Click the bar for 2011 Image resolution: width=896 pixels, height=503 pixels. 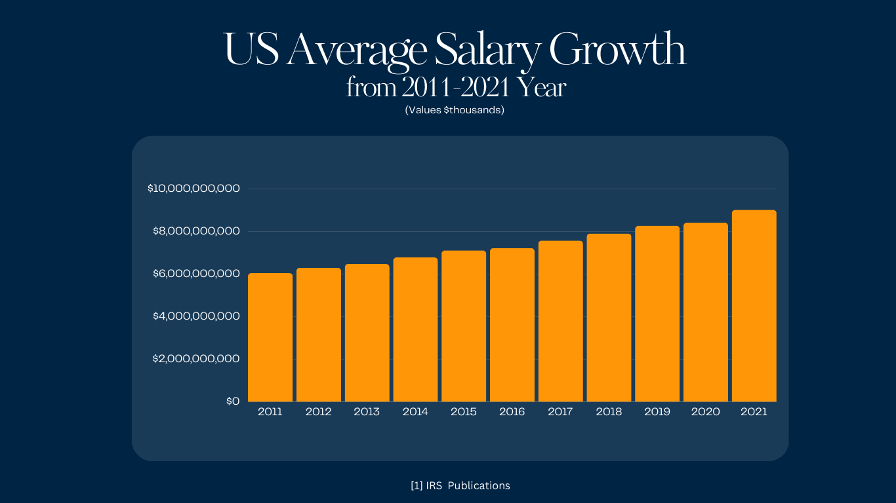tap(270, 337)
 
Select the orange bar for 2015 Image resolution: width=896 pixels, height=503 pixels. tap(464, 326)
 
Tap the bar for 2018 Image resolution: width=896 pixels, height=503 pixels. tap(609, 318)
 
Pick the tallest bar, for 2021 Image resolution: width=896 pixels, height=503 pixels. tap(754, 306)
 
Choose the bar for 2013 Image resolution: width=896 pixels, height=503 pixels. tap(367, 333)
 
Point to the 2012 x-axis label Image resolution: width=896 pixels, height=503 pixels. tap(318, 412)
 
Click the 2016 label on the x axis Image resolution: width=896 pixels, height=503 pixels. tap(512, 412)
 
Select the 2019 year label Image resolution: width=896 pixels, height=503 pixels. tap(657, 412)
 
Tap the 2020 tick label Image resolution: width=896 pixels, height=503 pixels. tap(706, 412)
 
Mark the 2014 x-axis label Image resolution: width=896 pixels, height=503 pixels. tap(415, 412)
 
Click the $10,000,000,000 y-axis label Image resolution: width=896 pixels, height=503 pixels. tap(194, 189)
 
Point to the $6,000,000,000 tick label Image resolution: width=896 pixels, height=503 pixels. tap(197, 274)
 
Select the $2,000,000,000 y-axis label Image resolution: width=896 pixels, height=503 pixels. tap(197, 359)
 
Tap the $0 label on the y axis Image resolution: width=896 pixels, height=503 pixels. tap(233, 401)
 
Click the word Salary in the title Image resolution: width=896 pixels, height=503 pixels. tap(487, 50)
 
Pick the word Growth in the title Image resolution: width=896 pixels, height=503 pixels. tap(617, 50)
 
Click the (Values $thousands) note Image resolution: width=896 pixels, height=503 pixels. tap(455, 110)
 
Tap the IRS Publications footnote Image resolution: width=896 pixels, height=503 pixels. tap(460, 486)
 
